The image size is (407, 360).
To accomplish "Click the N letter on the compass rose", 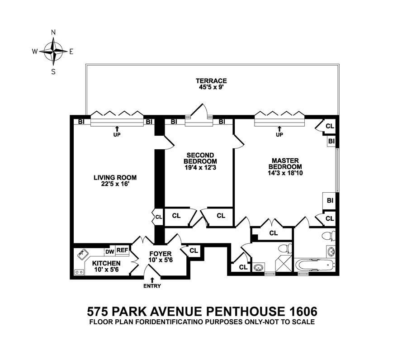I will [53, 32].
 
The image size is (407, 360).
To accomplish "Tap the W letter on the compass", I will [34, 52].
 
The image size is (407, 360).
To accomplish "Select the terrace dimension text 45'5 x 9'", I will [212, 88].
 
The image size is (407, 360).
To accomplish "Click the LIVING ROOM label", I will [115, 177].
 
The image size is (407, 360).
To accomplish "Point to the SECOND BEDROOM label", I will [200, 158].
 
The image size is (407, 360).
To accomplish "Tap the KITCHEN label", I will [106, 263].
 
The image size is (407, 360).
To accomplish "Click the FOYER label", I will [160, 254].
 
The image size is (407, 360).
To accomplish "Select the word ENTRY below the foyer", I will [151, 286].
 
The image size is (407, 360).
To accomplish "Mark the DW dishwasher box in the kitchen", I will [109, 251].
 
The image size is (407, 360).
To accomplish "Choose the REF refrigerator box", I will [122, 250].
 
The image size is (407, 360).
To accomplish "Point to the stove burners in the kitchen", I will [79, 272].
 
